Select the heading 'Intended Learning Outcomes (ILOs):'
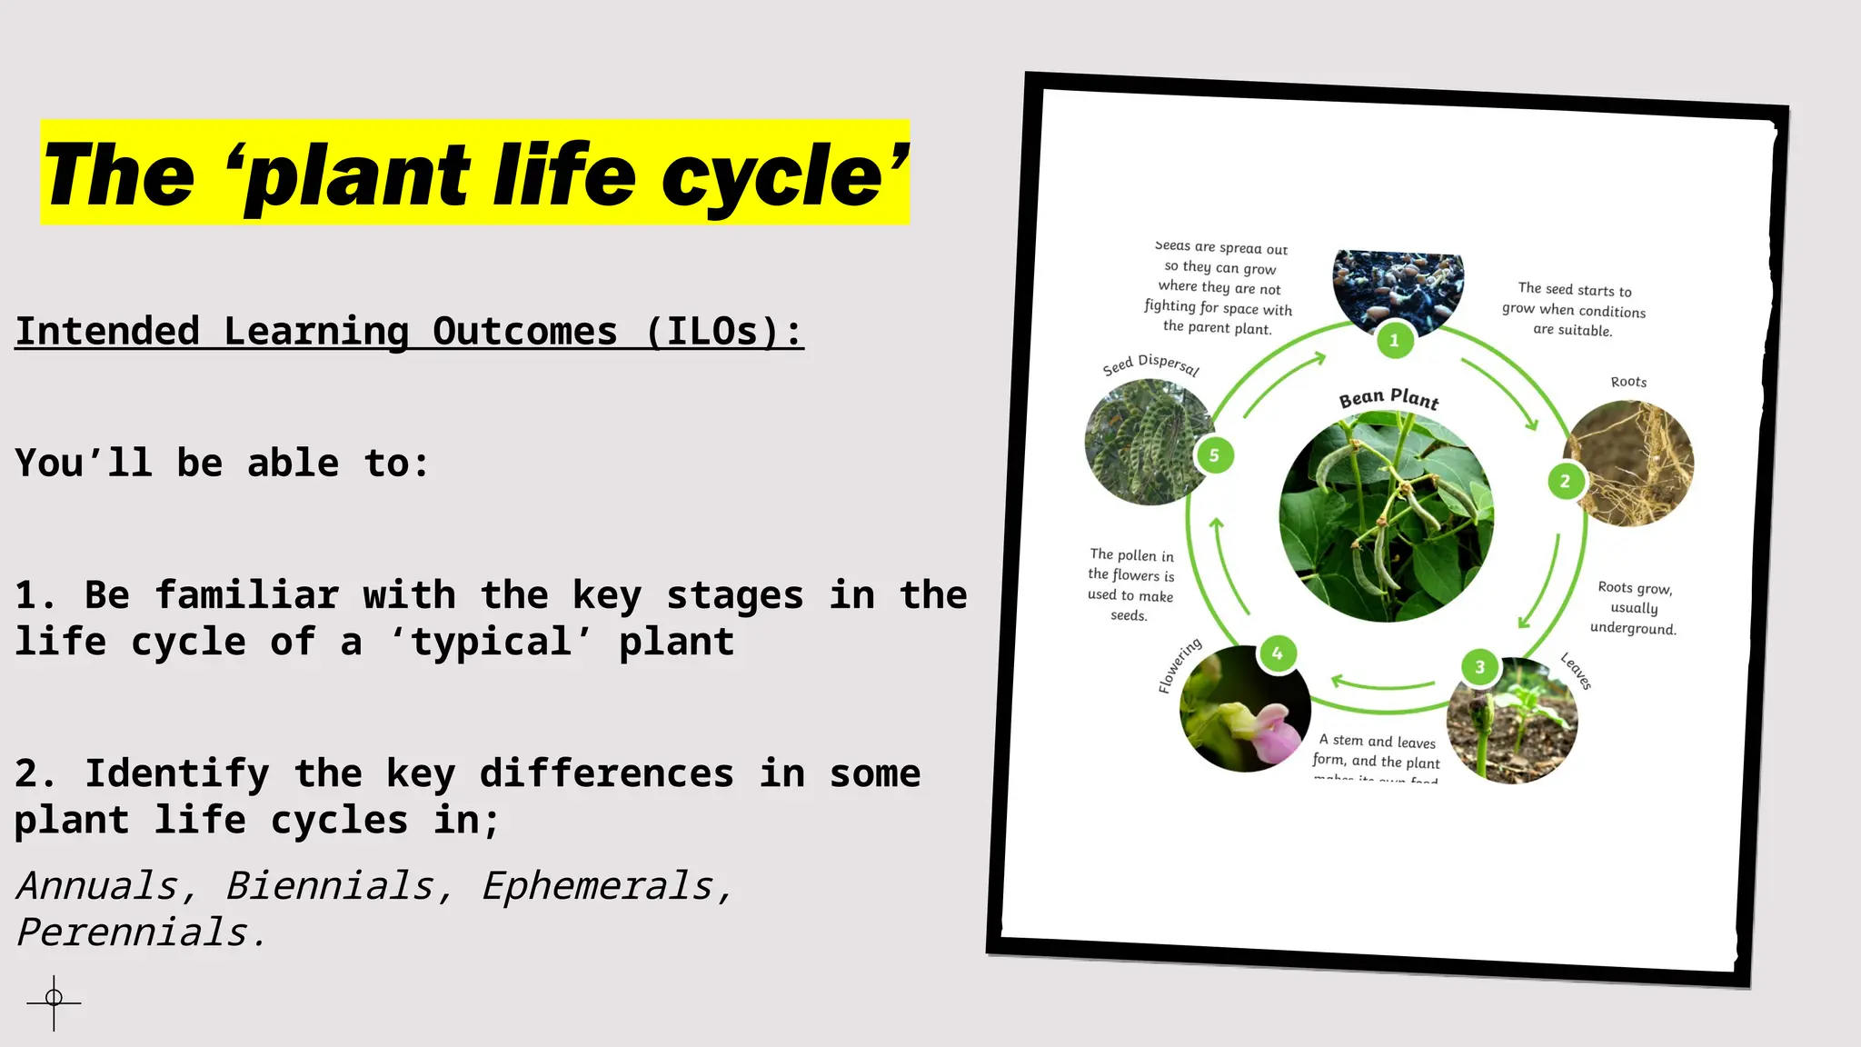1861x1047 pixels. coord(409,332)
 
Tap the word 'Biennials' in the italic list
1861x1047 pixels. coord(330,886)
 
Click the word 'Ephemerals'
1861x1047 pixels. coord(597,886)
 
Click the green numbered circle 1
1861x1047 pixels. coord(1394,341)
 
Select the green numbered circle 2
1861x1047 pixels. coord(1565,482)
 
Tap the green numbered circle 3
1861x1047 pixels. coord(1479,667)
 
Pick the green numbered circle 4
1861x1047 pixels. coord(1277,653)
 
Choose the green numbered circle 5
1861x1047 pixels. coord(1214,455)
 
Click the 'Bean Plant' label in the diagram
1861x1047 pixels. coord(1388,398)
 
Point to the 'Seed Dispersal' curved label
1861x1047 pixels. coord(1150,364)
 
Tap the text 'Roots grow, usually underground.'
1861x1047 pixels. coord(1634,608)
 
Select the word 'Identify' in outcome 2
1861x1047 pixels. coord(177,773)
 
